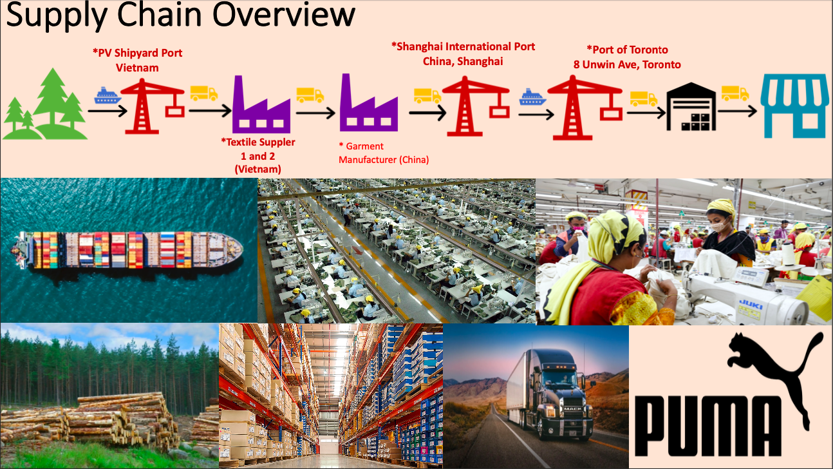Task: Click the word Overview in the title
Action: pyautogui.click(x=284, y=15)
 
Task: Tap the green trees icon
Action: pyautogui.click(x=45, y=104)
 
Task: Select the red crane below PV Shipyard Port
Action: pyautogui.click(x=153, y=106)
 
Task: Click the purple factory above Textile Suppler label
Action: pyautogui.click(x=261, y=104)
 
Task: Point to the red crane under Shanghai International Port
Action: pyautogui.click(x=476, y=106)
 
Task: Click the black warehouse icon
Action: pyautogui.click(x=691, y=106)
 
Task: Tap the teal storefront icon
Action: pyautogui.click(x=794, y=106)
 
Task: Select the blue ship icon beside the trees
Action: pyautogui.click(x=108, y=95)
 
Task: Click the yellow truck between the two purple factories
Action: pyautogui.click(x=310, y=95)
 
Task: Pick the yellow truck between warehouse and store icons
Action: pyautogui.click(x=735, y=93)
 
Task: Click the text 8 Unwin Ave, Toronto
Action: pyautogui.click(x=627, y=65)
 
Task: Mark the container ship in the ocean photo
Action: pyautogui.click(x=127, y=250)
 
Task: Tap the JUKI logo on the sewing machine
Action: pyautogui.click(x=751, y=305)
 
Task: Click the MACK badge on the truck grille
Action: pyautogui.click(x=573, y=409)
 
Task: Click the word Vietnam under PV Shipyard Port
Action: pyautogui.click(x=137, y=68)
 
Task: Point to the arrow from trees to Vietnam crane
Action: pyautogui.click(x=108, y=111)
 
